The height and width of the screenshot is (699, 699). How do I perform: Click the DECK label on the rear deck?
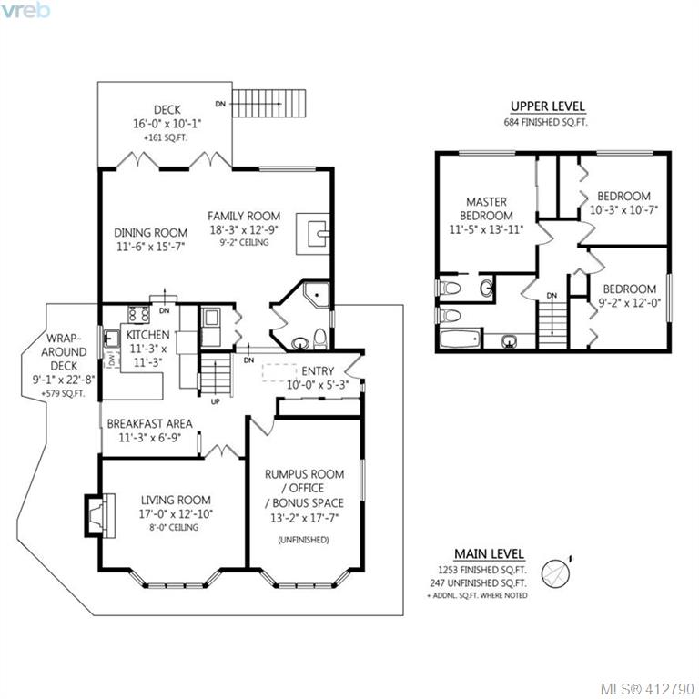coord(167,109)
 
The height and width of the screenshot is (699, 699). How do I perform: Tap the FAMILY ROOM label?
coord(244,217)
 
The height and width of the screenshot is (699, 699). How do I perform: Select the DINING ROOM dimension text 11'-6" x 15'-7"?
coord(151,246)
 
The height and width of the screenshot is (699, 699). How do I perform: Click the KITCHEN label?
coord(147,335)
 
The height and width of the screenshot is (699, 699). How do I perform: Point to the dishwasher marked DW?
coord(112,360)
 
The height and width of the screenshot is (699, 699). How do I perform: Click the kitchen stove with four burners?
coord(138,314)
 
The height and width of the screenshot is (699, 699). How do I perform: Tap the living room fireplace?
coord(101,515)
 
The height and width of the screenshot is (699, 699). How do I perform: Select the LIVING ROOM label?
coord(176,501)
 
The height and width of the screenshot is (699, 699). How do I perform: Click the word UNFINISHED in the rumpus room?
coord(304,540)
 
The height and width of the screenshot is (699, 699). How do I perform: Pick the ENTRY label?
coord(318,371)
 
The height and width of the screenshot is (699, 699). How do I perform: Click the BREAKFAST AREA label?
coord(150,423)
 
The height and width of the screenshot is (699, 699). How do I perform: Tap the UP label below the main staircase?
coord(216,401)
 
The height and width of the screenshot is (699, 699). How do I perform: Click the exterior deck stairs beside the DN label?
coord(269,104)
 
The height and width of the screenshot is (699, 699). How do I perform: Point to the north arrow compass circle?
coord(555,573)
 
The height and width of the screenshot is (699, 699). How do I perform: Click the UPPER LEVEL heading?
coord(547,106)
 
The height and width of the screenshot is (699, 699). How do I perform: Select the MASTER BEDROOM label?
coord(486,208)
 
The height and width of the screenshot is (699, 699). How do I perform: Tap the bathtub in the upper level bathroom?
coord(461,339)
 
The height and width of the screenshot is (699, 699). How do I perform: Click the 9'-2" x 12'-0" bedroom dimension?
coord(630,303)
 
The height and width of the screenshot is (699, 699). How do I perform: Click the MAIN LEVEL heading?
coord(489,553)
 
